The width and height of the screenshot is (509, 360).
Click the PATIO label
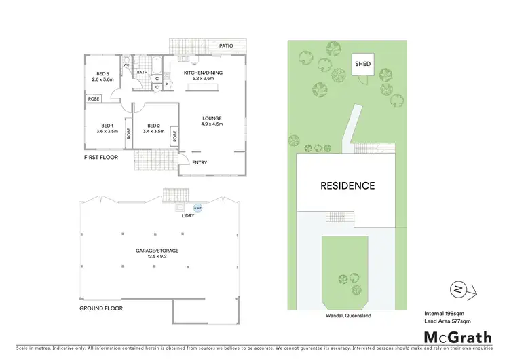point(226,46)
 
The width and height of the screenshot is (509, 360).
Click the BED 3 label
point(101,75)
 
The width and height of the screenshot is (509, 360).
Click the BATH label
point(143,72)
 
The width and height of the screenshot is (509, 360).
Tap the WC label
point(126,65)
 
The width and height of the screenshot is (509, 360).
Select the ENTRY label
point(200,162)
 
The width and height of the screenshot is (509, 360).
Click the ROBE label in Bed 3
point(92,99)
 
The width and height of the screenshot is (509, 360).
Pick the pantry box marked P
point(166,85)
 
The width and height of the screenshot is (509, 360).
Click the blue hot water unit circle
point(197,208)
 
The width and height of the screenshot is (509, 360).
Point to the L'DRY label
point(188,216)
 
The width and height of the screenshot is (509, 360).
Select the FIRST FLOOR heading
point(100,157)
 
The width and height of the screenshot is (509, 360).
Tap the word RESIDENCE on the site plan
point(347,185)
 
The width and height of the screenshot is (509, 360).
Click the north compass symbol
point(458,290)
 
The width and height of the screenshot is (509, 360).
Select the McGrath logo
point(458,337)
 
